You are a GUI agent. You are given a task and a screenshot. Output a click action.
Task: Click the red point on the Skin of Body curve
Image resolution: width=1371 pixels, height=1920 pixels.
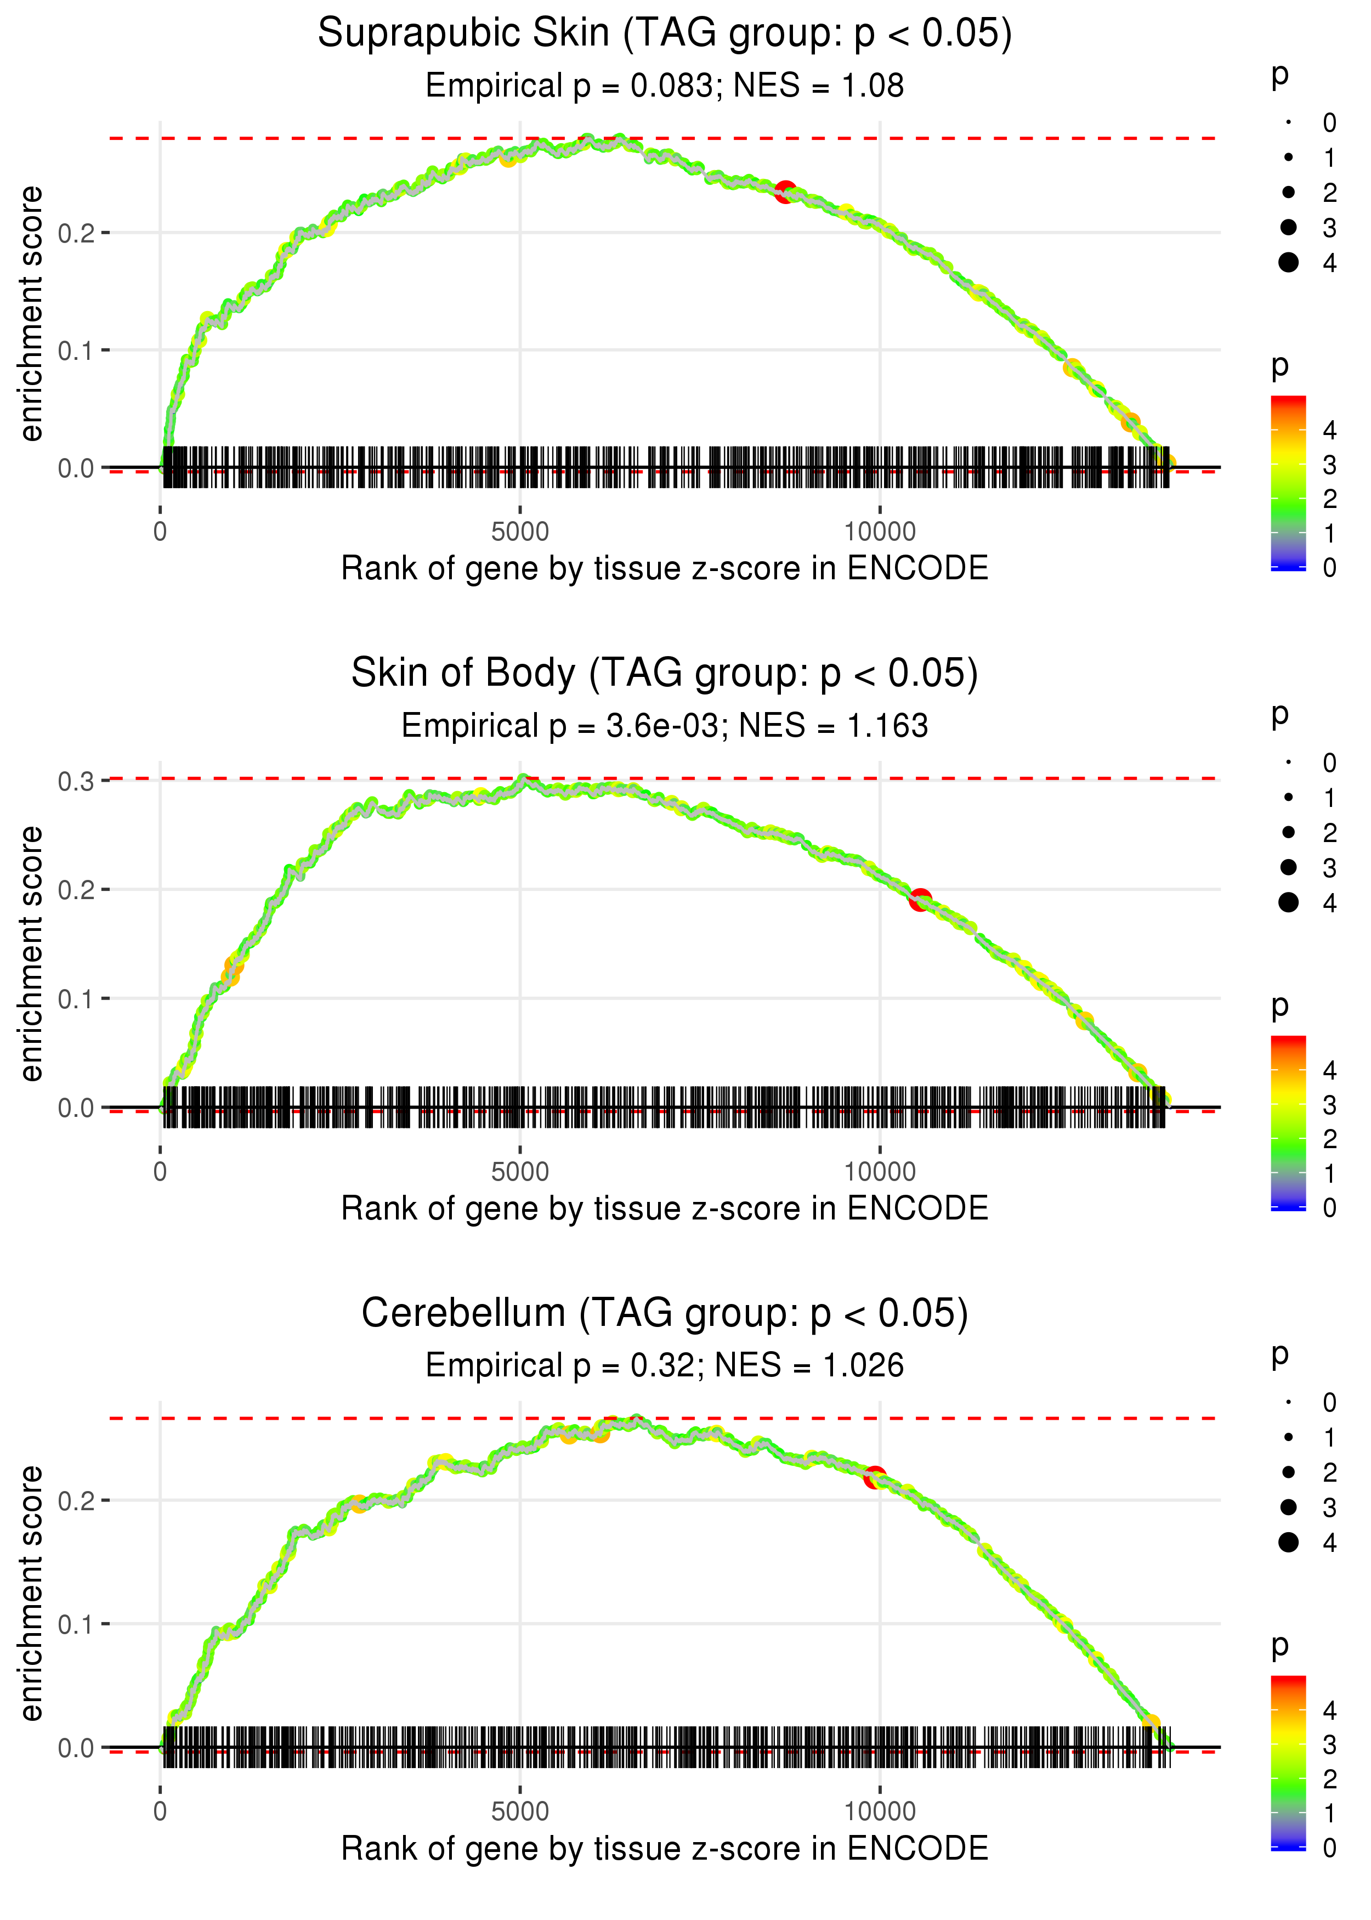[x=920, y=899]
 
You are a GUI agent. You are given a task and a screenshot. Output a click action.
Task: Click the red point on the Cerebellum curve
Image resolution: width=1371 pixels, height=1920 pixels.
[x=875, y=1477]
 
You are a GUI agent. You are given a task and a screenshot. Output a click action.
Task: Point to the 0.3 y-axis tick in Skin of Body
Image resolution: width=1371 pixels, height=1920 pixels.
[x=76, y=781]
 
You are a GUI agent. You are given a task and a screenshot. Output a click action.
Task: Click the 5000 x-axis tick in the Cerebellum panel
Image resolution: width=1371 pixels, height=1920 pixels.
[x=520, y=1811]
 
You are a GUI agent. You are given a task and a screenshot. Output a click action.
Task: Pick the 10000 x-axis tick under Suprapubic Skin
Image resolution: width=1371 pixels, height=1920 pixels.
[x=880, y=532]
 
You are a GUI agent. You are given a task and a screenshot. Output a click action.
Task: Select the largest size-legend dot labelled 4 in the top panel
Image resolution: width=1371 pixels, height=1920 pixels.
[x=1288, y=263]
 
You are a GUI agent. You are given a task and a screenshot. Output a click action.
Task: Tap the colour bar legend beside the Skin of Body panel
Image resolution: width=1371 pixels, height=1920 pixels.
[x=1288, y=1122]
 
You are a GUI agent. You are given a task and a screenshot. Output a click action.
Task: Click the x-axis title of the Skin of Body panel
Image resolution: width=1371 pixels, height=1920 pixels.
[x=665, y=1209]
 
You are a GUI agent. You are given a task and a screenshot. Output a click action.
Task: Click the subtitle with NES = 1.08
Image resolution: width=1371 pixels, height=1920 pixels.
[x=665, y=85]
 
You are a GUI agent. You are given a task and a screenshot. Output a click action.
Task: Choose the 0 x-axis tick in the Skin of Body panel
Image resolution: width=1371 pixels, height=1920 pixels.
[x=160, y=1172]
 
